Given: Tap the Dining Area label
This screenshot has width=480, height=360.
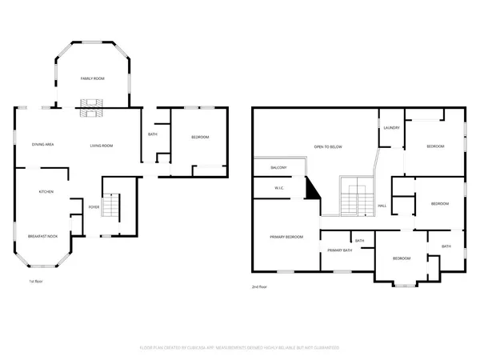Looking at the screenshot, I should [42, 145].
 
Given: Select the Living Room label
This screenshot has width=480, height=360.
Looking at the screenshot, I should [101, 146].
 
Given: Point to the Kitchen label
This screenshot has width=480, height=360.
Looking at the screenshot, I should [46, 192].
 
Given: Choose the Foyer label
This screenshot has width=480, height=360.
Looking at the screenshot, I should [94, 207].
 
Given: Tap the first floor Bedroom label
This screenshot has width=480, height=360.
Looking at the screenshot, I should [199, 138].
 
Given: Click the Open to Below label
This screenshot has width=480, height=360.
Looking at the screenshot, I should [328, 147].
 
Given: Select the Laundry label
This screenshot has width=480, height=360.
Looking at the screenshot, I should [391, 128].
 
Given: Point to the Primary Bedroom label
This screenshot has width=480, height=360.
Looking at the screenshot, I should [286, 237].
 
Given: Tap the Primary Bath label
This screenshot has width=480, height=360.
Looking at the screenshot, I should [339, 250].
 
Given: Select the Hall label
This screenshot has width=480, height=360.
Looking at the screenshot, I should [382, 206].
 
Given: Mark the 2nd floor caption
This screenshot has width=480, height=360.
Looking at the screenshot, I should [259, 286].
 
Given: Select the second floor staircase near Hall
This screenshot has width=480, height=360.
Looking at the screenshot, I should [352, 198].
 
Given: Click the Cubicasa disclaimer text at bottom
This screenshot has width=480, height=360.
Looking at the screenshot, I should [240, 347].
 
